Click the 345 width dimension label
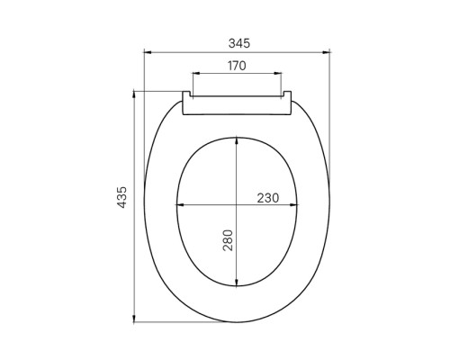coord(239,43)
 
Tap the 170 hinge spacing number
coord(237,66)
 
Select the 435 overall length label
coord(122,197)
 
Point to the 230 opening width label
coord(268,198)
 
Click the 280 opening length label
coord(228,240)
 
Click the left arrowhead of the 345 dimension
coord(148,52)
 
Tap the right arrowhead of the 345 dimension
coord(326,52)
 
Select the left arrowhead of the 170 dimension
coord(196,73)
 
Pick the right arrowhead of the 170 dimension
coord(278,73)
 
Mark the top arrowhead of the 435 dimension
coord(134,94)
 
